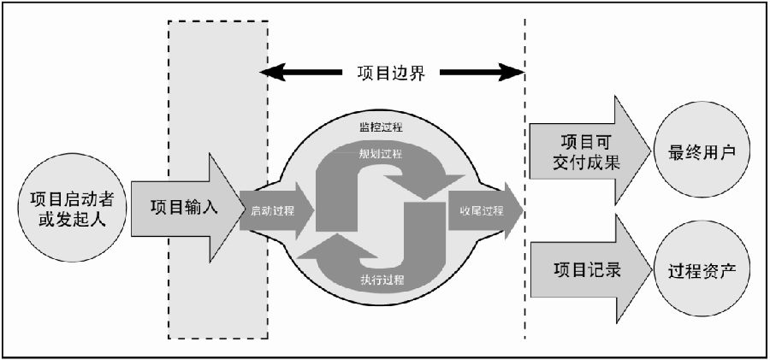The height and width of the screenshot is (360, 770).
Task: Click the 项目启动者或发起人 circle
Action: [x=73, y=208]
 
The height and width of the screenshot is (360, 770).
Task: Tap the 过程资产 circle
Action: [x=702, y=270]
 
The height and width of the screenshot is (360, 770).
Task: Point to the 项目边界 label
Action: [x=391, y=74]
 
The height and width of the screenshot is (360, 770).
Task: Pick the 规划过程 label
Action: [x=380, y=154]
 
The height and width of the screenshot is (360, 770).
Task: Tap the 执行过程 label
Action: [x=382, y=281]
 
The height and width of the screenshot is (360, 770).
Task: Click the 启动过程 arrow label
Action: [x=273, y=211]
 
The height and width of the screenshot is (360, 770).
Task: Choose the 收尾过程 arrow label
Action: [x=482, y=211]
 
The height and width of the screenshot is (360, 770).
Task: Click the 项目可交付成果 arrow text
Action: [x=589, y=151]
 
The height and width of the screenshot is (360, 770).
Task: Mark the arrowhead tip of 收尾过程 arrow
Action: [x=523, y=210]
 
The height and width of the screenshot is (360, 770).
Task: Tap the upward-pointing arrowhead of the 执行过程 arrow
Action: [x=338, y=245]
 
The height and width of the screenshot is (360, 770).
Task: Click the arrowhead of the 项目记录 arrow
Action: [x=635, y=269]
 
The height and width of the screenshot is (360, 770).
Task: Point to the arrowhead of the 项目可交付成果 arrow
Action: [x=633, y=150]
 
